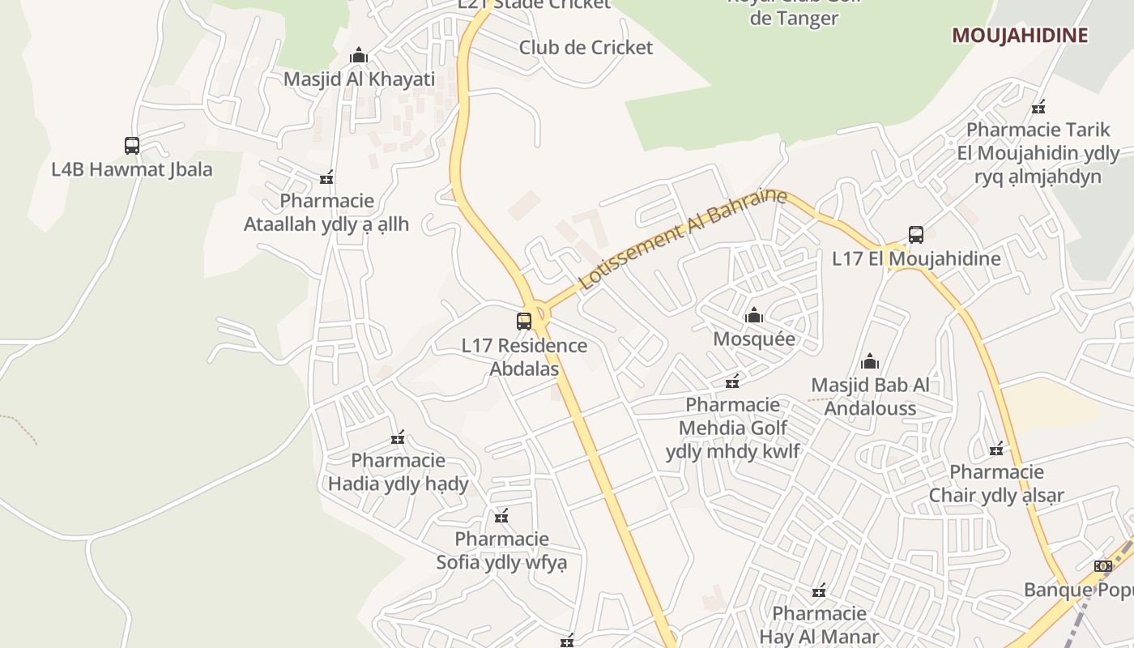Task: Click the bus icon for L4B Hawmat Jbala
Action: point(132,146)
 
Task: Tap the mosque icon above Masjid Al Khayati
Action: point(358,56)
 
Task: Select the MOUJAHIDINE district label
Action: point(1019,35)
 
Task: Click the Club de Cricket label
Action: point(586,48)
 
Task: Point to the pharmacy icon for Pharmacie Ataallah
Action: point(326,177)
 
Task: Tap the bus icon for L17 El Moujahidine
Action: point(916,235)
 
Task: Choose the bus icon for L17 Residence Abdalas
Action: point(524,322)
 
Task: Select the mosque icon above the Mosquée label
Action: point(754,315)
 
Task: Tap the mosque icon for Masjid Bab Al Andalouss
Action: point(870,361)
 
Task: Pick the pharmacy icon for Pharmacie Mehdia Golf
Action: point(732,381)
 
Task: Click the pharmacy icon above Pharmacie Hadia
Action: point(398,437)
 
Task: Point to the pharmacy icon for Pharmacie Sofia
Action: point(501,516)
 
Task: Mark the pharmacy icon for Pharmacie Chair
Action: point(996,449)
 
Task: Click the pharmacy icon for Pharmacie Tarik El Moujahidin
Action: point(1038,106)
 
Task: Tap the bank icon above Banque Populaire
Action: point(1103,566)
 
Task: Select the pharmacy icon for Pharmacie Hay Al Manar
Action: point(819,590)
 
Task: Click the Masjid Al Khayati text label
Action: point(359,79)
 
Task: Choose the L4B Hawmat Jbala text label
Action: point(132,169)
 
